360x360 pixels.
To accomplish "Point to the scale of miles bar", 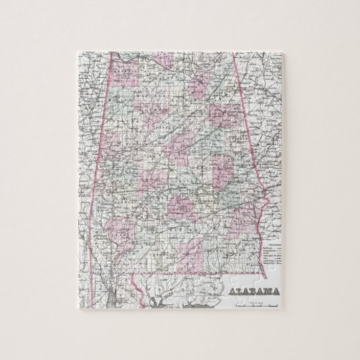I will pyautogui.click(x=255, y=306).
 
